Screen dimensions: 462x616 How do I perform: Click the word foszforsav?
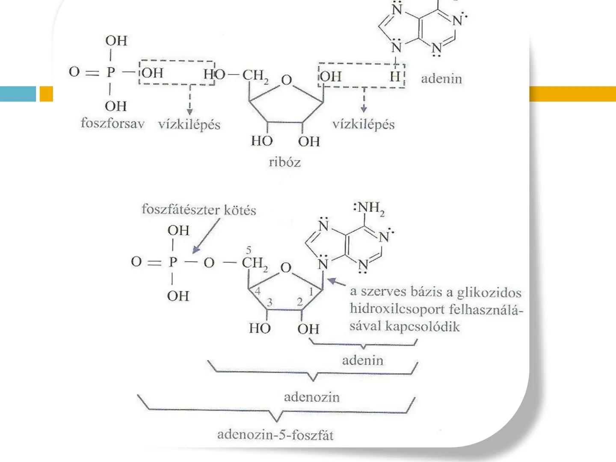tap(113, 124)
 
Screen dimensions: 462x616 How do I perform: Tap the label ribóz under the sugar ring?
tap(285, 163)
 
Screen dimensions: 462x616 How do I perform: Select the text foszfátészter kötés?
tap(198, 210)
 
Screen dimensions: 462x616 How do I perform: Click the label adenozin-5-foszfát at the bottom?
tap(275, 435)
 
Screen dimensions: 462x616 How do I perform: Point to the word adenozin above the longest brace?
tap(311, 397)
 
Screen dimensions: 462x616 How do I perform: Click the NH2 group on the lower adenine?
tap(370, 208)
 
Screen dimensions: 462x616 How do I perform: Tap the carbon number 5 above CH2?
tap(249, 250)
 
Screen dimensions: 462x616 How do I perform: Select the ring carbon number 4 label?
tap(258, 291)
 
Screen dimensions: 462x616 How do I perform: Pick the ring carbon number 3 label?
tap(269, 302)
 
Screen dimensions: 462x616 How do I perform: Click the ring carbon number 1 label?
tap(311, 292)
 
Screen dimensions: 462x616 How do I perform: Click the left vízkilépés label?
tap(189, 124)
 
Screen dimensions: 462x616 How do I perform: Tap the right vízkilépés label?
tap(363, 124)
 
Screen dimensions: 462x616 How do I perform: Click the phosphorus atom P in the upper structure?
tap(111, 72)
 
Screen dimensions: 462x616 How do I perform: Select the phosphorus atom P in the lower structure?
tap(172, 262)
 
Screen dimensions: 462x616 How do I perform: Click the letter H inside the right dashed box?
tap(394, 77)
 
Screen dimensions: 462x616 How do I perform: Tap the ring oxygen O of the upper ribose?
tap(286, 80)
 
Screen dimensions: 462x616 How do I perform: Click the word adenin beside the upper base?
tap(441, 79)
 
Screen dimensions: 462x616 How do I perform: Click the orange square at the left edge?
tap(46, 94)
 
